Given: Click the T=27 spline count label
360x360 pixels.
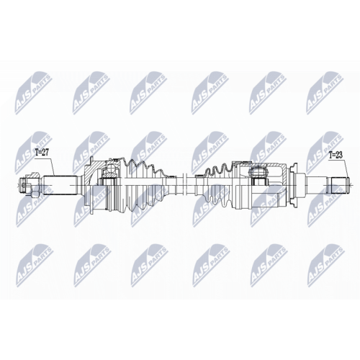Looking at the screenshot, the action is tap(42, 153).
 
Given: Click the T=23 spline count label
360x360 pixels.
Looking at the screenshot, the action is tap(336, 156).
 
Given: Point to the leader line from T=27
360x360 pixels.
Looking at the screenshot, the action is tap(52, 166).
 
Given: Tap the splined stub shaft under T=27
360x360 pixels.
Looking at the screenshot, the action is tap(60, 185).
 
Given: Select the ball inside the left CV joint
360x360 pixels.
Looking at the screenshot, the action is tap(111, 168).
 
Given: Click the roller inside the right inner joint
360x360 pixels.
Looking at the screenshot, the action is tap(258, 173).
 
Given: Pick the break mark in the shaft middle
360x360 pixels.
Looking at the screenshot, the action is tap(184, 185).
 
